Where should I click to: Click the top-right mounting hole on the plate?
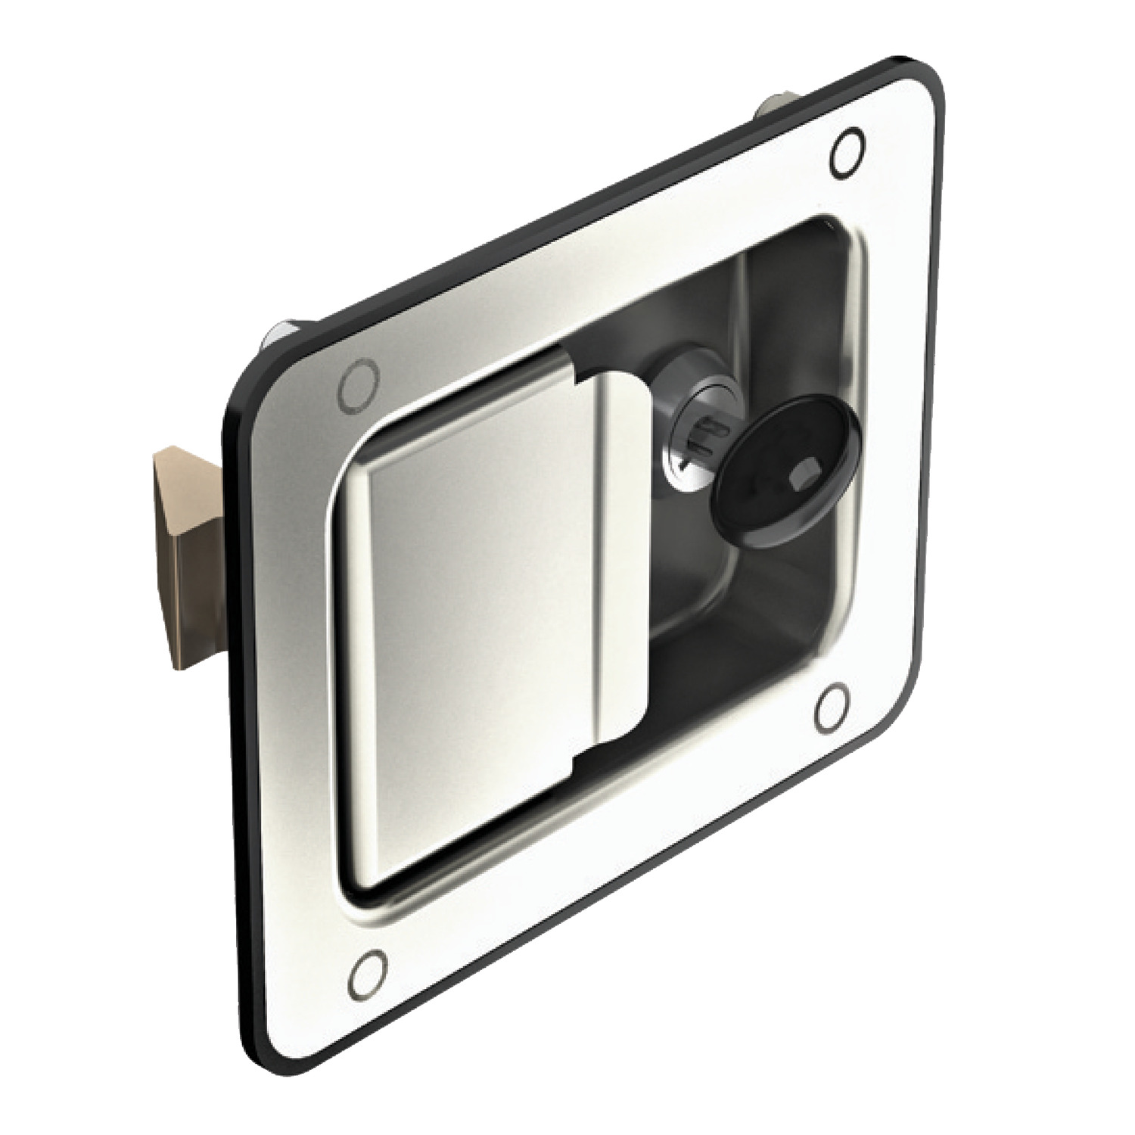click(846, 154)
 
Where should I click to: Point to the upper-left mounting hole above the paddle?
click(358, 387)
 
